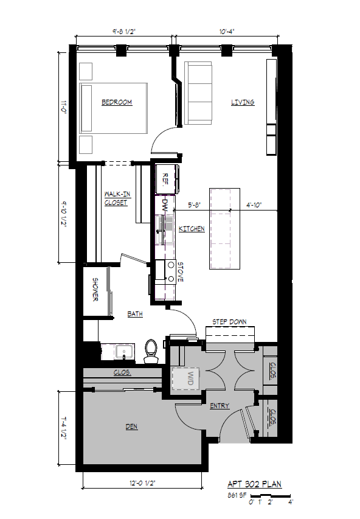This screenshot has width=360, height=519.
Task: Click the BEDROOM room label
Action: pyautogui.click(x=117, y=102)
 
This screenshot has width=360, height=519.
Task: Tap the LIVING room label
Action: pyautogui.click(x=243, y=102)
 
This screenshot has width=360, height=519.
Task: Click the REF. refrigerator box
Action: pyautogui.click(x=165, y=179)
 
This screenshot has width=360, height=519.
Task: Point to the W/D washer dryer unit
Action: pyautogui.click(x=185, y=378)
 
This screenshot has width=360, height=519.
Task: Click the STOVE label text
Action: pyautogui.click(x=181, y=272)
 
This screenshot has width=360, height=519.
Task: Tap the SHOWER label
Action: pyautogui.click(x=95, y=289)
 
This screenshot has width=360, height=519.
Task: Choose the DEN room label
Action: pyautogui.click(x=131, y=427)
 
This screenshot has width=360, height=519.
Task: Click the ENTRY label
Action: pyautogui.click(x=220, y=406)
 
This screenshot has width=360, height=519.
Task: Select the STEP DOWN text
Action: pyautogui.click(x=229, y=322)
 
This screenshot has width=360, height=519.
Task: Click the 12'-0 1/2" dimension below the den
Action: pyautogui.click(x=142, y=483)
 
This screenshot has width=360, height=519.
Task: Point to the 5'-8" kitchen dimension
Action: pyautogui.click(x=195, y=205)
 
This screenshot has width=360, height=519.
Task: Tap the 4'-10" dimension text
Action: pyautogui.click(x=254, y=205)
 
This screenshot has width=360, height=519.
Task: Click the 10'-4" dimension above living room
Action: pyautogui.click(x=227, y=32)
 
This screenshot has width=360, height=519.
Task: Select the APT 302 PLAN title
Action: pyautogui.click(x=254, y=484)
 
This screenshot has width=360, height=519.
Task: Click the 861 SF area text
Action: pyautogui.click(x=237, y=496)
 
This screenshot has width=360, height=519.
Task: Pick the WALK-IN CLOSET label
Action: pyautogui.click(x=116, y=198)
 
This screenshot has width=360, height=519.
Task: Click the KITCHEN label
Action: pyautogui.click(x=192, y=229)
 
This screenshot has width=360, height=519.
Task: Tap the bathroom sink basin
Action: pyautogui.click(x=124, y=352)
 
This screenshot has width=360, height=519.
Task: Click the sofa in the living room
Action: pyautogui.click(x=198, y=93)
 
